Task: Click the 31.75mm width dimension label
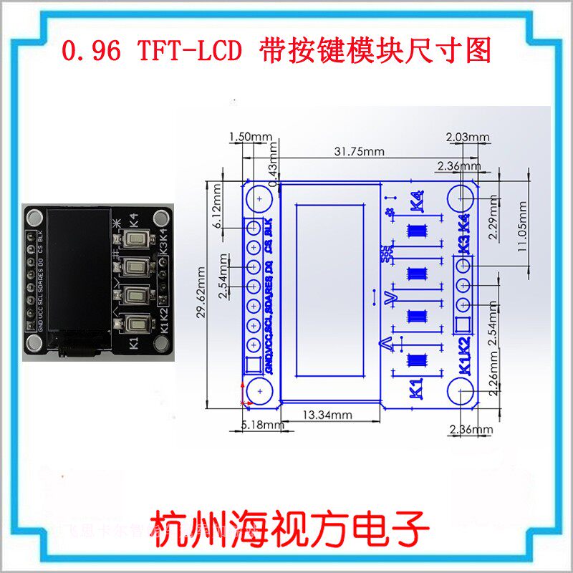pos(359,151)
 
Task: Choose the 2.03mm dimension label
pos(467,137)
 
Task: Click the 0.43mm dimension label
pos(271,172)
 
